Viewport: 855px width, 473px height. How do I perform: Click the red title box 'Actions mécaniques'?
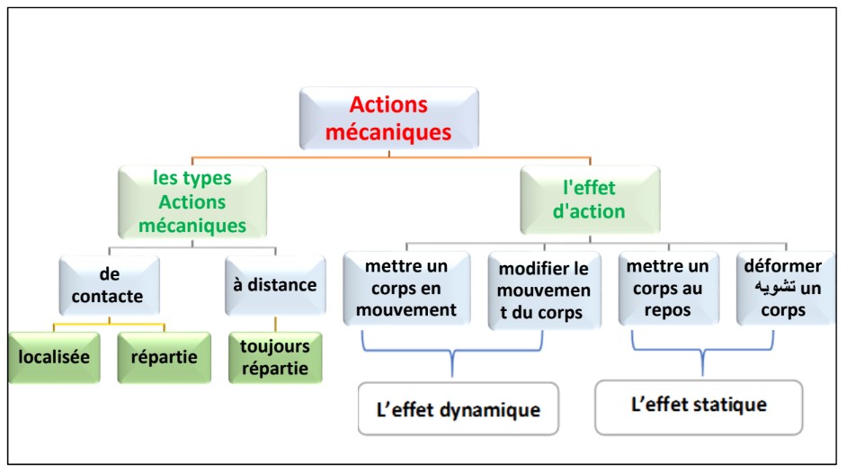coord(388,118)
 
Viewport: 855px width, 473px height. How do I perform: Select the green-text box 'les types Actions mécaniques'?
coord(192,201)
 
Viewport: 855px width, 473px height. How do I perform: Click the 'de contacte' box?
coord(110,285)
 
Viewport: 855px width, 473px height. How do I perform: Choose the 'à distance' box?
coord(275,285)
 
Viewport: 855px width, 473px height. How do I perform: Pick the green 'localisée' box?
coord(55,357)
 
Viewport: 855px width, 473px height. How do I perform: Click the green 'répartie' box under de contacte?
coord(165,357)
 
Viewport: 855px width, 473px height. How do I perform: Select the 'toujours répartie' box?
coord(275,357)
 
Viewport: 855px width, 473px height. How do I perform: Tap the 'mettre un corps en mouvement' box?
coord(406,287)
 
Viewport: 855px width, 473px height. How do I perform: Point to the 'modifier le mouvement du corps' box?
coord(544,289)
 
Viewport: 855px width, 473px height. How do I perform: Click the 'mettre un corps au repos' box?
coord(667,288)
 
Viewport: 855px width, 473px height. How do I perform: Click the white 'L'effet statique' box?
coord(698,406)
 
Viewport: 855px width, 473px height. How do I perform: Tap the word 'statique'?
coord(729,406)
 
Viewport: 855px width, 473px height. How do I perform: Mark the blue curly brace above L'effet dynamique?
coord(451,353)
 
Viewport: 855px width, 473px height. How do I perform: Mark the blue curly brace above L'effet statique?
coord(704,352)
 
